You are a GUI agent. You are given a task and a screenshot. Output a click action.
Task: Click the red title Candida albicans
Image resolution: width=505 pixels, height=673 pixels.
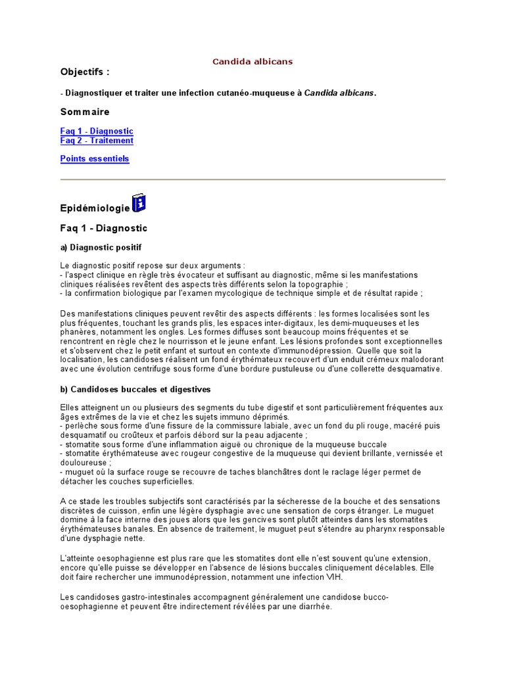pos(252,62)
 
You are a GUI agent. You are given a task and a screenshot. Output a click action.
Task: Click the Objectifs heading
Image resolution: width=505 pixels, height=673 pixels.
pos(85,72)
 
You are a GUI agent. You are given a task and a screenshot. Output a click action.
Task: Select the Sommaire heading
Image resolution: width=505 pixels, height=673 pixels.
pos(85,112)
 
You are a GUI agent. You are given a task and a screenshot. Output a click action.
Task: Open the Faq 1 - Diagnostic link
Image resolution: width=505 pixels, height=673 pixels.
pos(97,131)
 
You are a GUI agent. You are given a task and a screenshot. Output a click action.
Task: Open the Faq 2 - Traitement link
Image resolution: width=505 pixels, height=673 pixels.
pos(97,141)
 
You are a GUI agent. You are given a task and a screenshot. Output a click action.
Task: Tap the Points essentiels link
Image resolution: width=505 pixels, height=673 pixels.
pos(95,159)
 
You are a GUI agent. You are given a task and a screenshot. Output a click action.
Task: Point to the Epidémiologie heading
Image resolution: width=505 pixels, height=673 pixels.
pos(95,208)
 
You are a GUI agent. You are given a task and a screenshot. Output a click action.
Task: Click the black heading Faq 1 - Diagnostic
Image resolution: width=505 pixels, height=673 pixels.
pos(104,228)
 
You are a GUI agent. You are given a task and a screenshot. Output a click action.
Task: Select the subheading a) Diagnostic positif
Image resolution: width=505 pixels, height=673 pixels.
pos(101,247)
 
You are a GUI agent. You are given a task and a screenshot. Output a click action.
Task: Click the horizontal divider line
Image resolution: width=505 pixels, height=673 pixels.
pos(252,179)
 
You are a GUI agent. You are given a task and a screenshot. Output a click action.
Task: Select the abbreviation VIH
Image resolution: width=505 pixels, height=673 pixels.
pos(333,577)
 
